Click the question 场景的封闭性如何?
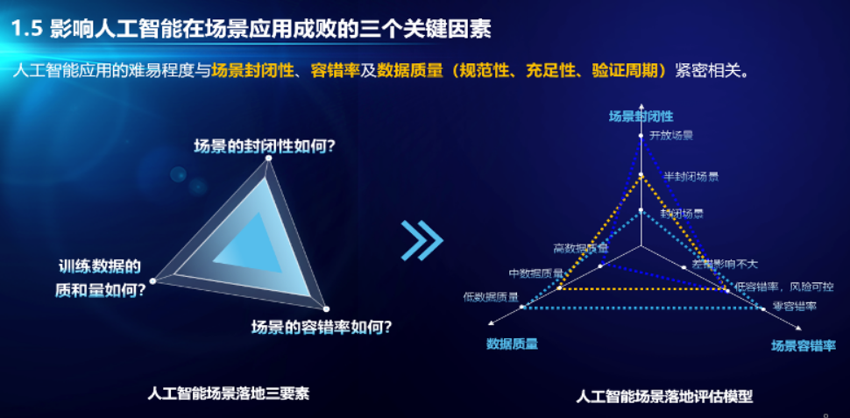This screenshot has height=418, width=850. (264, 145)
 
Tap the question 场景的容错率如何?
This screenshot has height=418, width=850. (321, 328)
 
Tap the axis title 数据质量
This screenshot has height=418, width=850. (513, 344)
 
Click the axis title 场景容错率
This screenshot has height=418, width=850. (803, 346)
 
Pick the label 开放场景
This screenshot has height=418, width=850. (670, 136)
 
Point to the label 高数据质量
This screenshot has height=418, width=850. (580, 248)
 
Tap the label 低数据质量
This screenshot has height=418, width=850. (491, 296)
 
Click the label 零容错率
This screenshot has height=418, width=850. (794, 306)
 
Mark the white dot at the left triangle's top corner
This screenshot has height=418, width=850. (268, 159)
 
